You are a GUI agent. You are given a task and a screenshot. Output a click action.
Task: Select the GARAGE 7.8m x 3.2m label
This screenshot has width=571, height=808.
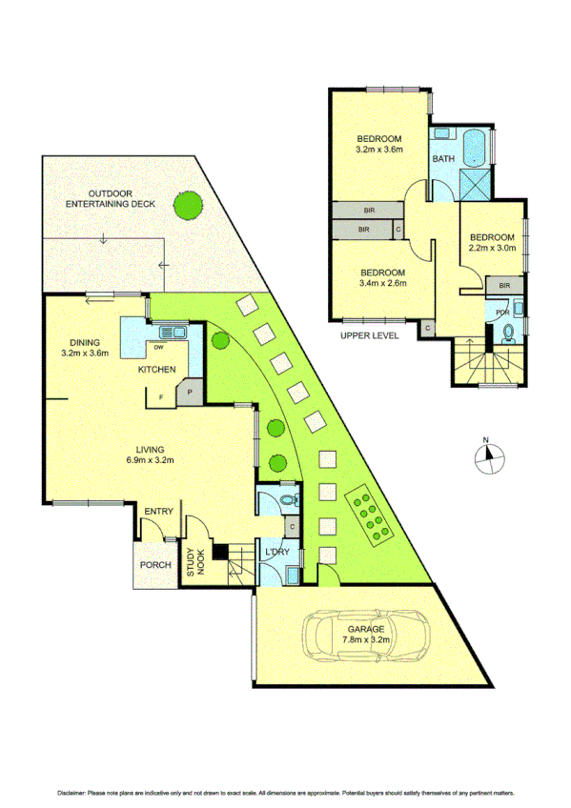(x=366, y=635)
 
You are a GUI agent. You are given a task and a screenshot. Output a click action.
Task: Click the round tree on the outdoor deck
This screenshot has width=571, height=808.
(x=187, y=204)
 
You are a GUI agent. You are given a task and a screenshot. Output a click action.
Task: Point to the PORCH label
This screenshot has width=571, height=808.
(x=155, y=565)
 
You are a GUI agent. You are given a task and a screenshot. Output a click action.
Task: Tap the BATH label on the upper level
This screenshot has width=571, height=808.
(x=443, y=159)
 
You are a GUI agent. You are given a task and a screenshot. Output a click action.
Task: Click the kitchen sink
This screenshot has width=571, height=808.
(x=174, y=333)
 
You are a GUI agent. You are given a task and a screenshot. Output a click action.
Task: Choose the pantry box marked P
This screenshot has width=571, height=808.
(x=189, y=392)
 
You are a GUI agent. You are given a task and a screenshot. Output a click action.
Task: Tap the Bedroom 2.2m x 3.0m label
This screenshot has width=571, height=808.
(x=491, y=242)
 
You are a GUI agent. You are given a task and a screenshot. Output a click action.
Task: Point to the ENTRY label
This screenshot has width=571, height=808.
(x=158, y=512)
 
